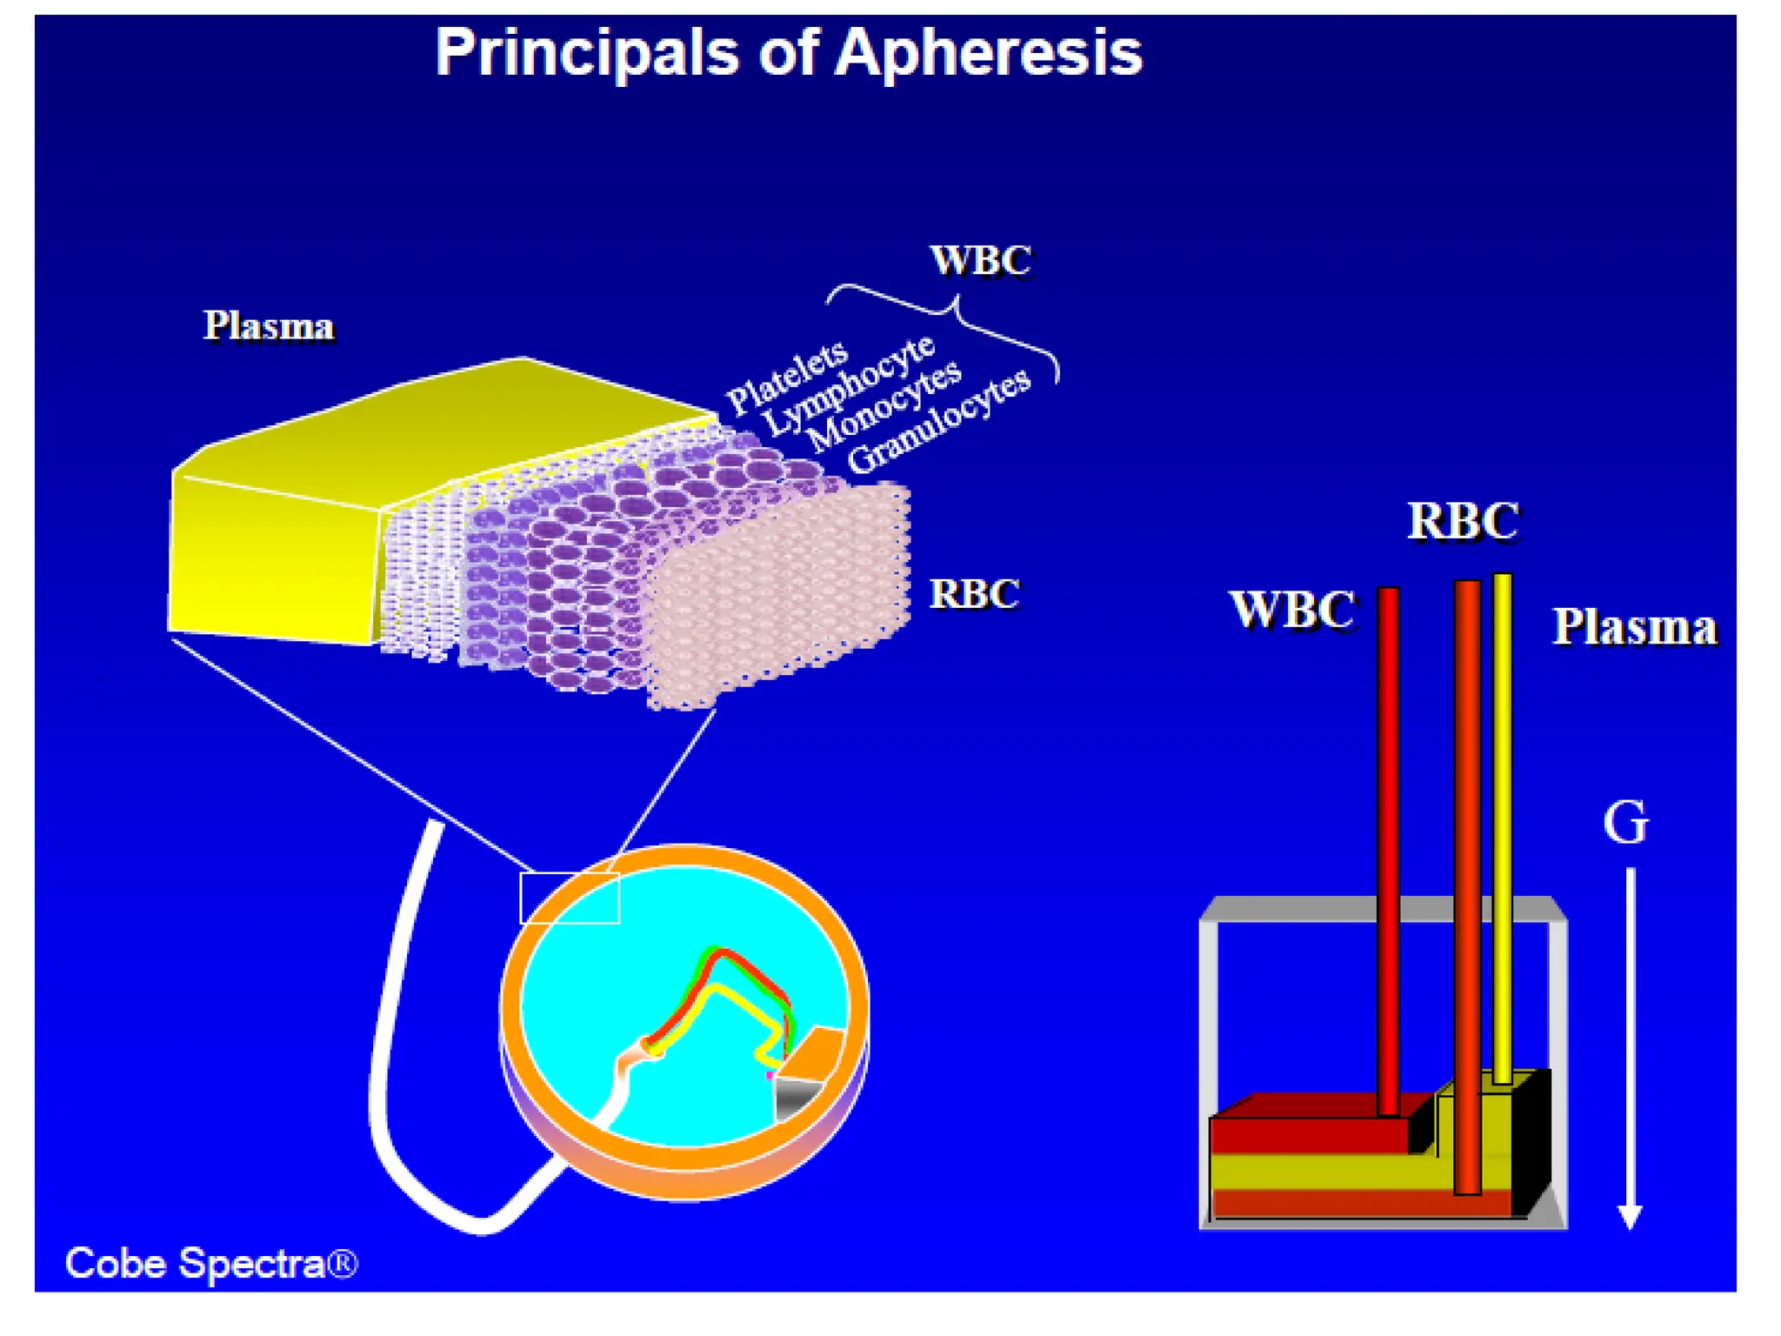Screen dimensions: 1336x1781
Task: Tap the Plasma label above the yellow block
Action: point(269,327)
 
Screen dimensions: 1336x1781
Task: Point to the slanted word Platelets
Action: point(787,376)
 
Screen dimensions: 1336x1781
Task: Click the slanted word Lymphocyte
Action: point(849,386)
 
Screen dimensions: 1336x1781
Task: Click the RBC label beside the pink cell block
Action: point(974,595)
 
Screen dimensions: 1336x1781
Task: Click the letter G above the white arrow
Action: point(1624,823)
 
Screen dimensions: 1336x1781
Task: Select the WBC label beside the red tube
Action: point(1292,610)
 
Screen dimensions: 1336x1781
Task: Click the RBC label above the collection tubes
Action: point(1464,522)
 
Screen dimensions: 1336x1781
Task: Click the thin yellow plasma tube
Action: point(1502,826)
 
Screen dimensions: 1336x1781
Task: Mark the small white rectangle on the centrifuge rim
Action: point(570,898)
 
